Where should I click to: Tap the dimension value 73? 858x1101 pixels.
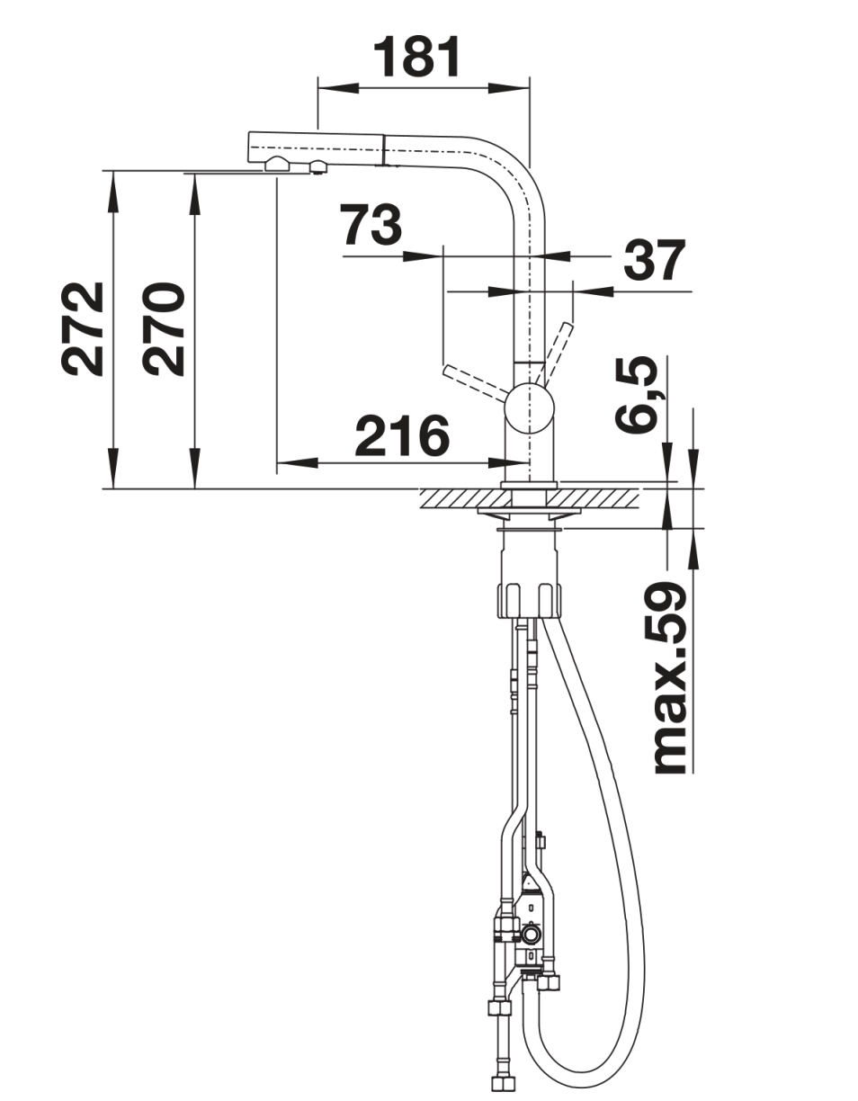pos(371,225)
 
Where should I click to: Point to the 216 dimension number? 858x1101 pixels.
pos(402,434)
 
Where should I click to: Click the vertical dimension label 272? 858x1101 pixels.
pos(82,329)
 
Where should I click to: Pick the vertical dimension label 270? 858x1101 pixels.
pos(163,329)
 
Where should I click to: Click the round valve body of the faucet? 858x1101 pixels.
pos(529,408)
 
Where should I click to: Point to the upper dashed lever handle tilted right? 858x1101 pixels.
pos(555,354)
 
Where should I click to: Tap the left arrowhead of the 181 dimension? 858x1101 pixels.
pos(338,88)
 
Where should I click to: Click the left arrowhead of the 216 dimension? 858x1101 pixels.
pos(298,462)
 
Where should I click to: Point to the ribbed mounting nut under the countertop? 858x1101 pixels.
pos(531,600)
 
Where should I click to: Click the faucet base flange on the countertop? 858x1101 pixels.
pos(529,484)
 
